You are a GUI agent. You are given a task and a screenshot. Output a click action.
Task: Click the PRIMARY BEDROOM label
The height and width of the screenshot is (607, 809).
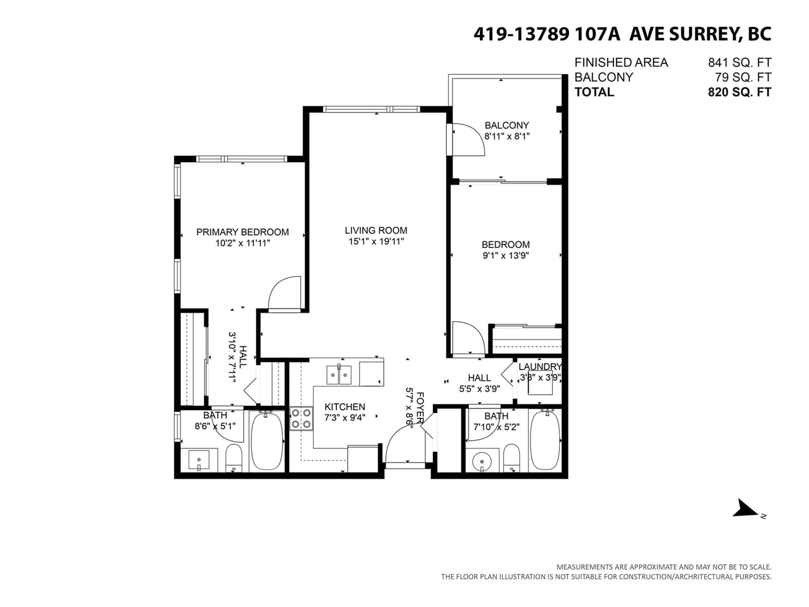tap(242, 232)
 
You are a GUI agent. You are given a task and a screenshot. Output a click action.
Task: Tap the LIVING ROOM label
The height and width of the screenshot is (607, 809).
tap(376, 231)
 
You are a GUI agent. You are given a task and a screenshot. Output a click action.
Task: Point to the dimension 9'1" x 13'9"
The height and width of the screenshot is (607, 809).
tap(506, 255)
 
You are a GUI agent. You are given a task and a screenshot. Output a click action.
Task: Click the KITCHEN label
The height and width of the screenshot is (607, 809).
tap(345, 407)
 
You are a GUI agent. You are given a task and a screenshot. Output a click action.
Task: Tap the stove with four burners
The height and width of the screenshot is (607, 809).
tap(301, 419)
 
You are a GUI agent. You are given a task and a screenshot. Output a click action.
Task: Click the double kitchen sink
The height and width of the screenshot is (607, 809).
tap(339, 375)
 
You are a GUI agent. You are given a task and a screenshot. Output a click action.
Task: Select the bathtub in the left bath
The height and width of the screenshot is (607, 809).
tap(267, 441)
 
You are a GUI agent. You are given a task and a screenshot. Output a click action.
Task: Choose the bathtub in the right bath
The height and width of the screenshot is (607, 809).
tap(545, 441)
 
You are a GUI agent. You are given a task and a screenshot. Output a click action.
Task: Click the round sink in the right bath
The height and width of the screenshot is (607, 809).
tap(482, 461)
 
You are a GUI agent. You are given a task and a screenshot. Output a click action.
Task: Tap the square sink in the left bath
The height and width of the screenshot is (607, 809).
tap(199, 460)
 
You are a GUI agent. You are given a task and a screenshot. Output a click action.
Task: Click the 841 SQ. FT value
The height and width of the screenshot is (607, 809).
tap(739, 63)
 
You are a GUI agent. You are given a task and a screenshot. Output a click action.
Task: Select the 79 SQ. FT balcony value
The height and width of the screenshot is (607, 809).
tap(743, 77)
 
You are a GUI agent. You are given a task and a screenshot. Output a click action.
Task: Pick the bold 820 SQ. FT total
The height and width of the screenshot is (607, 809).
tap(739, 92)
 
